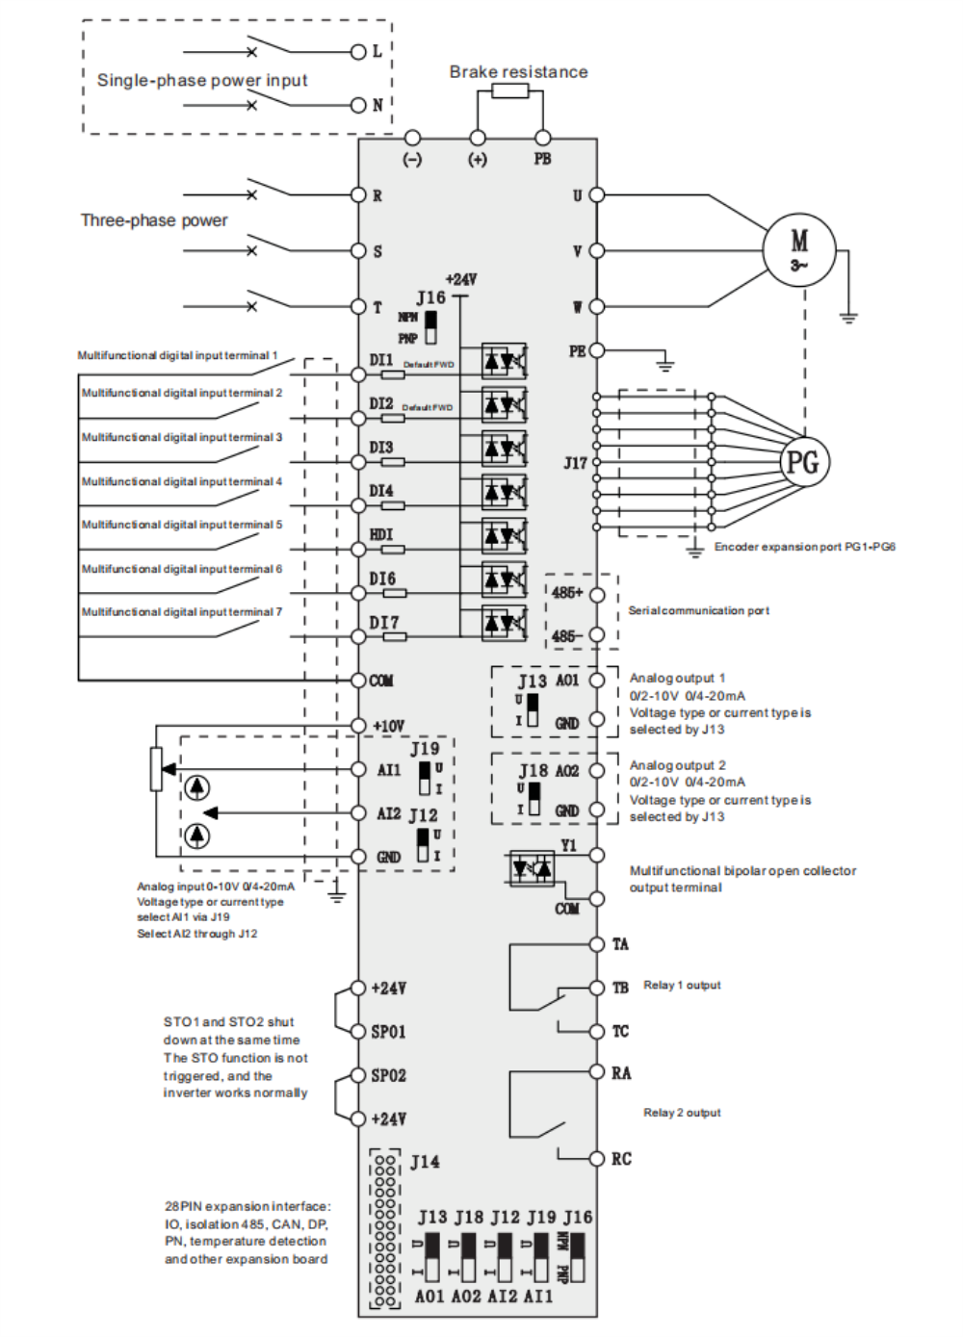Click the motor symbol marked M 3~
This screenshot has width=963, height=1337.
click(798, 248)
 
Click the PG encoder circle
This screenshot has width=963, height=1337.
click(803, 462)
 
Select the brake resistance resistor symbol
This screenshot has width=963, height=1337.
click(510, 90)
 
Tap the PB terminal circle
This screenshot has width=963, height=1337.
click(543, 139)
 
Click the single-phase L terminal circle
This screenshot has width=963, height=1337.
click(358, 51)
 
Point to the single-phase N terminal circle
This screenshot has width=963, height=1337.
click(358, 105)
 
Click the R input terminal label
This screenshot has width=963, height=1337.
click(377, 195)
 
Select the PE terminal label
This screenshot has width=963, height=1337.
click(577, 351)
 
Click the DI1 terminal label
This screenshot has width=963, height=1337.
click(381, 360)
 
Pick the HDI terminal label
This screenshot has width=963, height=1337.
click(381, 534)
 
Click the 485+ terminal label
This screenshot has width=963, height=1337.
click(567, 593)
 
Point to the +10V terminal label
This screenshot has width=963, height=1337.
click(389, 726)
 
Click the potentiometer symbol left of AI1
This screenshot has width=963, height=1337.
click(156, 769)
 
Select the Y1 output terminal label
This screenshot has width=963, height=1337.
click(569, 845)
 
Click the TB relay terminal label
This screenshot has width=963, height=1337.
click(620, 988)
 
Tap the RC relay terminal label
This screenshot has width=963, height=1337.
click(621, 1159)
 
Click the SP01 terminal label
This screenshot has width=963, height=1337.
click(389, 1032)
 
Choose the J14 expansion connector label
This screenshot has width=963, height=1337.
click(425, 1162)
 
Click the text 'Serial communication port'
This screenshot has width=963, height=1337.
click(698, 610)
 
